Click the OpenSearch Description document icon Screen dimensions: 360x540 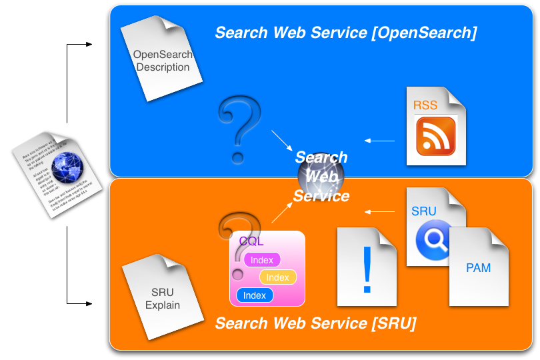(x=162, y=60)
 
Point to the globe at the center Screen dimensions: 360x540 (x=321, y=177)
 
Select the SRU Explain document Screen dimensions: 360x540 (x=163, y=297)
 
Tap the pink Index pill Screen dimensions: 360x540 (x=262, y=260)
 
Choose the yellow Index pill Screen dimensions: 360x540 (x=277, y=277)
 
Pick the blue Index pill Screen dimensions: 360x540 (x=255, y=295)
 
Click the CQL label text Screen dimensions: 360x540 (x=251, y=241)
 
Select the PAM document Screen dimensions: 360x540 (x=479, y=268)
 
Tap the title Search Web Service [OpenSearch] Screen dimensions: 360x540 (x=345, y=33)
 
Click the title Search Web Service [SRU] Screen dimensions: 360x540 (x=315, y=324)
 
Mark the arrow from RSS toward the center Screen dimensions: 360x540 (x=380, y=141)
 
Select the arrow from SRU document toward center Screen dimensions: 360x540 (x=380, y=212)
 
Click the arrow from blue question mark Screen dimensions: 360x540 (x=282, y=140)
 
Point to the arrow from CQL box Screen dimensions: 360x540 (x=281, y=212)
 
